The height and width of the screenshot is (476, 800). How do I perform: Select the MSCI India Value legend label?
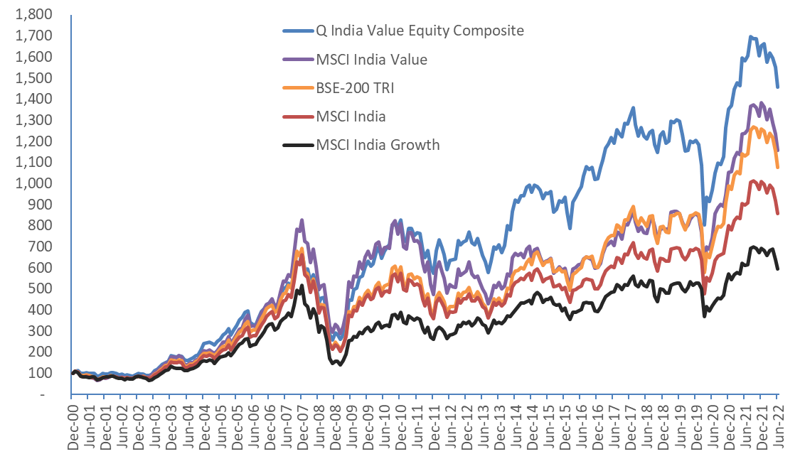coord(372,60)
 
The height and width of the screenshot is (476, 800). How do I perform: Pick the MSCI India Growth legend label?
coord(378,145)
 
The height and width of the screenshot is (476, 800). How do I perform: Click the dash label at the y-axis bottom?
coord(48,394)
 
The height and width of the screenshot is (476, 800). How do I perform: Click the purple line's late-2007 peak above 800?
coord(302,220)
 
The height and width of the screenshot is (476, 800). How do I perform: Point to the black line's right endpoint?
coord(778,269)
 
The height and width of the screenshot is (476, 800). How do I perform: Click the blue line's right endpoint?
coord(778,87)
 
